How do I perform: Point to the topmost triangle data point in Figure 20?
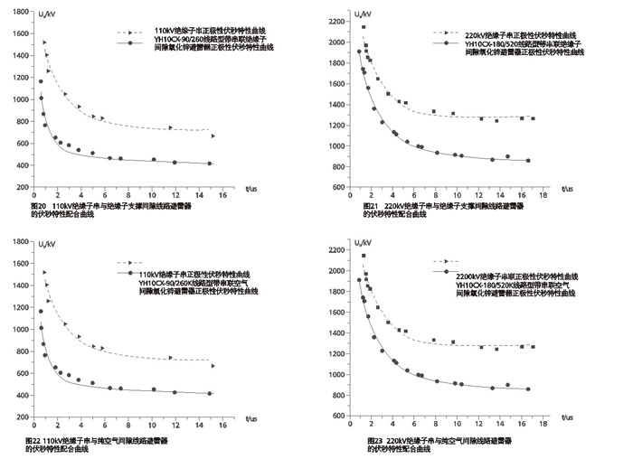44,42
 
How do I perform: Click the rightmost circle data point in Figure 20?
210,164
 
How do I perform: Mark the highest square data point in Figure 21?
364,27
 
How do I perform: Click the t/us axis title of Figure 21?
566,189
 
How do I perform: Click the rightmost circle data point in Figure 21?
528,161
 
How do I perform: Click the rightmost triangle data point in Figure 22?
213,366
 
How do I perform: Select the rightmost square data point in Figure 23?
533,347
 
